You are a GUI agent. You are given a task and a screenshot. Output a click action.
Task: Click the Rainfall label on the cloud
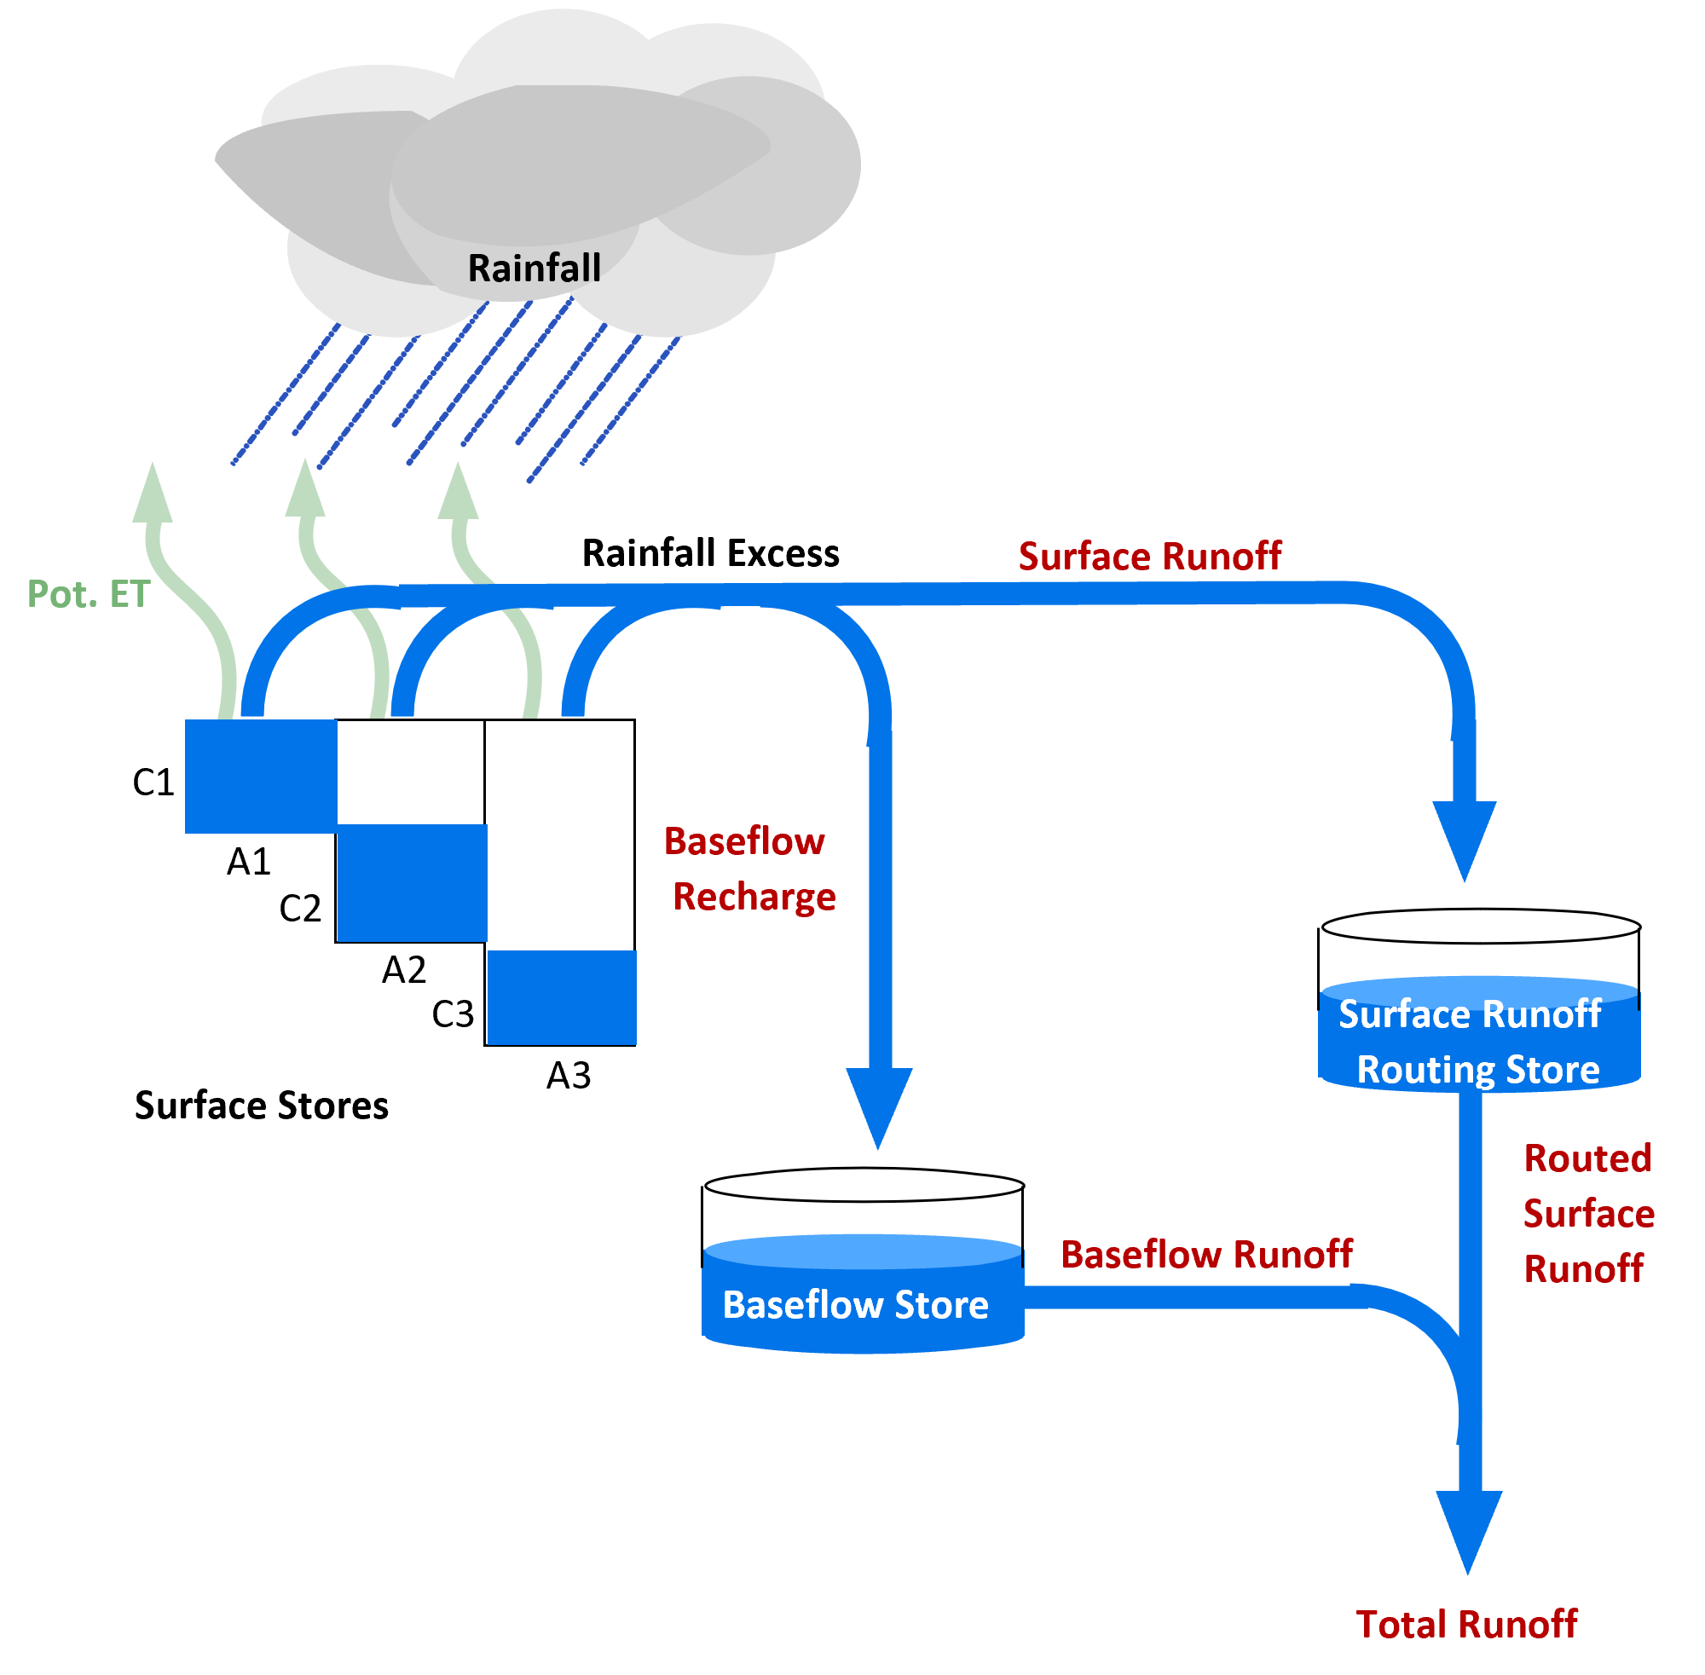pyautogui.click(x=534, y=269)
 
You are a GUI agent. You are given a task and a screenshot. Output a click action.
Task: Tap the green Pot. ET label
pyautogui.click(x=89, y=595)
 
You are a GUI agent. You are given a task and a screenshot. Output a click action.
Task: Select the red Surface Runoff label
pyautogui.click(x=1149, y=557)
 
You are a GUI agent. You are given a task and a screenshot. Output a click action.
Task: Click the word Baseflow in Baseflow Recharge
pyautogui.click(x=744, y=842)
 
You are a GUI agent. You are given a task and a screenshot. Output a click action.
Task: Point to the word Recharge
pyautogui.click(x=754, y=898)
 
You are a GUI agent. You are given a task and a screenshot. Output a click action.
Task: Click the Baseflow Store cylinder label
pyautogui.click(x=855, y=1306)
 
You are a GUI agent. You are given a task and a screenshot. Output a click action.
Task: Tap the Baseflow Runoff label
pyautogui.click(x=1206, y=1256)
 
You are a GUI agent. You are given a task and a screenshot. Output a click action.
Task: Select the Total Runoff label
pyautogui.click(x=1466, y=1625)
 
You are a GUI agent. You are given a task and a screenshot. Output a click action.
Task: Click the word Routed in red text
pyautogui.click(x=1587, y=1158)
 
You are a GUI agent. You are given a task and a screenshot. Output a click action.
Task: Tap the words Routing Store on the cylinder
pyautogui.click(x=1478, y=1071)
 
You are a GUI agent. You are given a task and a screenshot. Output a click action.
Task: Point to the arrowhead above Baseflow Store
pyautogui.click(x=879, y=1104)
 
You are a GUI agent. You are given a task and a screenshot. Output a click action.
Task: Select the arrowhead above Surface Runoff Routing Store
pyautogui.click(x=1465, y=835)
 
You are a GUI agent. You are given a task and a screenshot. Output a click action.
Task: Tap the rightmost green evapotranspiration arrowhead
pyautogui.click(x=458, y=493)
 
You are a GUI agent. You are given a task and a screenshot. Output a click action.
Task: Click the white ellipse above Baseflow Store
pyautogui.click(x=864, y=1185)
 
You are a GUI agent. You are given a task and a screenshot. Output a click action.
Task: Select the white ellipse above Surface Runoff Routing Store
pyautogui.click(x=1481, y=927)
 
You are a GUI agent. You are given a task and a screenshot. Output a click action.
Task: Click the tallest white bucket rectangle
pyautogui.click(x=560, y=834)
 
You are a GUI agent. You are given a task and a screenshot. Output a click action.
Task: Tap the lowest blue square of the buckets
pyautogui.click(x=561, y=996)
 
